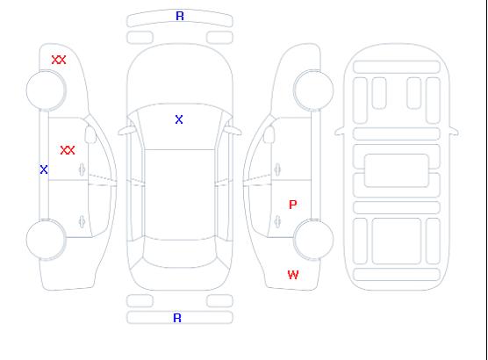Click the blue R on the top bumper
point(180,16)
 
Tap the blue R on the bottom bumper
point(177,318)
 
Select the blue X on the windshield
point(179,119)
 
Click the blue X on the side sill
point(44,169)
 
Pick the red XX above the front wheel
point(59,60)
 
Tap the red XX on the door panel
point(68,150)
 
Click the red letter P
point(293,205)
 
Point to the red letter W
point(293,275)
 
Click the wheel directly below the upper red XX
point(46,90)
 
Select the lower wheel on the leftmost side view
point(46,240)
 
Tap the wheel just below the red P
point(313,240)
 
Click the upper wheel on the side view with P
point(313,90)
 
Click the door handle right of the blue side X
point(83,169)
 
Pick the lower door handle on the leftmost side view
point(83,221)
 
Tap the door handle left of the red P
point(277,221)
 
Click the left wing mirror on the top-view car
point(126,131)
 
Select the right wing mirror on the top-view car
point(233,130)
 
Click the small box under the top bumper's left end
point(140,38)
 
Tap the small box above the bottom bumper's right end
point(219,301)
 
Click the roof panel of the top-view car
point(180,195)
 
